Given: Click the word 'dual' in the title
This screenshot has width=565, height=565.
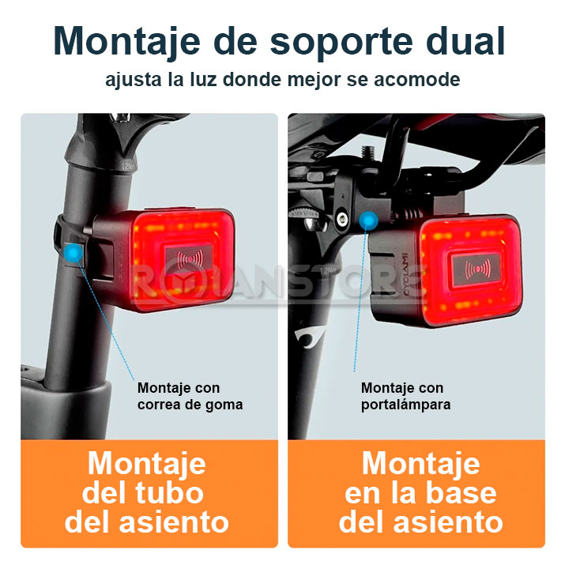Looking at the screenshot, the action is [465, 41].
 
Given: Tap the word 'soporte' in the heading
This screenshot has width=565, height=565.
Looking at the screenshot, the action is [341, 43].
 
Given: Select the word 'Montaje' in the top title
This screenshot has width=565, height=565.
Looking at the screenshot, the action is [126, 42].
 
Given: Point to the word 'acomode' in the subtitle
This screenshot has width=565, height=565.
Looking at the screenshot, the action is [417, 80].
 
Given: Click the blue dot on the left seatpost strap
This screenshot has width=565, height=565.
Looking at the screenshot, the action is [73, 252].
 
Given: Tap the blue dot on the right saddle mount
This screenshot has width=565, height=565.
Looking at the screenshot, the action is [368, 220].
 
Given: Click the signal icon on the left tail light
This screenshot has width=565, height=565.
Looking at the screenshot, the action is [189, 258].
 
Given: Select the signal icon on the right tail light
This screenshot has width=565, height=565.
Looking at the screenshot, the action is [477, 269].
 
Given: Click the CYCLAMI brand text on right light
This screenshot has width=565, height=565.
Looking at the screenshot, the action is [405, 274].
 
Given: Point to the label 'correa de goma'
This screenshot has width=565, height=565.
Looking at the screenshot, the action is [190, 405].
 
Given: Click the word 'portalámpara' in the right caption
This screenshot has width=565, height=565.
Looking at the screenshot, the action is [405, 405].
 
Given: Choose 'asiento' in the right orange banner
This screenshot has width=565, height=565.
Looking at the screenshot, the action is [448, 523].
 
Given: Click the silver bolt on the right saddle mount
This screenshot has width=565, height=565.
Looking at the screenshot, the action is [341, 218].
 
